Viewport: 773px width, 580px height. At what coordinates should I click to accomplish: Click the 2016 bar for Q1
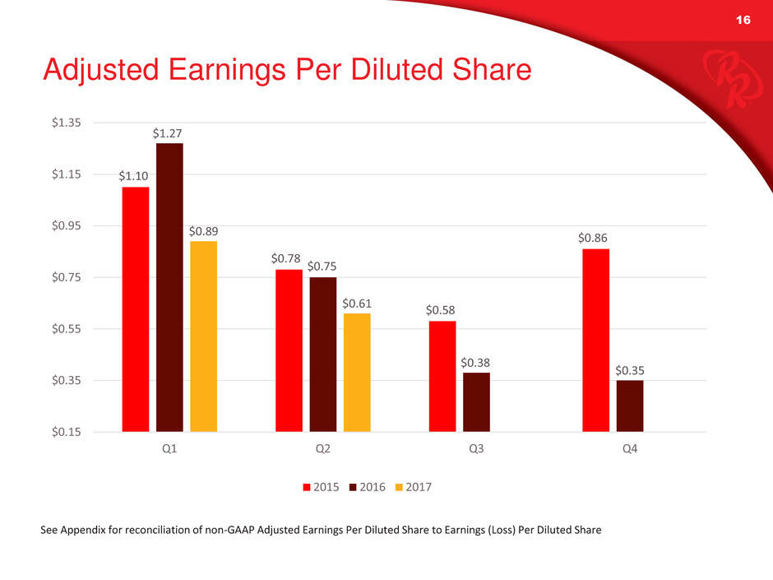pyautogui.click(x=169, y=288)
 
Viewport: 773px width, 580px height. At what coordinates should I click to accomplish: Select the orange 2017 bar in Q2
pyautogui.click(x=357, y=373)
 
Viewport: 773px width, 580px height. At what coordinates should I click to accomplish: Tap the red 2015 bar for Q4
pyautogui.click(x=595, y=341)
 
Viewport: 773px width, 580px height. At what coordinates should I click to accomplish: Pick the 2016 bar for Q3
pyautogui.click(x=476, y=402)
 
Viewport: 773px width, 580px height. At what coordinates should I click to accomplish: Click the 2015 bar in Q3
pyautogui.click(x=442, y=376)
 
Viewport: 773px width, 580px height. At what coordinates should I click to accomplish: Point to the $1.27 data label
pyautogui.click(x=167, y=133)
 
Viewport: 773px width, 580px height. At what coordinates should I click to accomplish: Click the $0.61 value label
pyautogui.click(x=357, y=304)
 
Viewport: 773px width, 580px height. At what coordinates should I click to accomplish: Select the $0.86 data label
pyautogui.click(x=593, y=239)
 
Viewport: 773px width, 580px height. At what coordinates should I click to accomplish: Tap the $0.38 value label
pyautogui.click(x=475, y=363)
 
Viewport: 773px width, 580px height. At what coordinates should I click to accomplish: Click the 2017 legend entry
pyautogui.click(x=414, y=487)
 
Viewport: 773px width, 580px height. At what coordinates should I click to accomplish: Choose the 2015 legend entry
pyautogui.click(x=321, y=487)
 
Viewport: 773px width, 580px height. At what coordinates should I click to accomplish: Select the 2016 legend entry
pyautogui.click(x=368, y=487)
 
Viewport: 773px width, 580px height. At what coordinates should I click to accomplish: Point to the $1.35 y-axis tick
pyautogui.click(x=66, y=123)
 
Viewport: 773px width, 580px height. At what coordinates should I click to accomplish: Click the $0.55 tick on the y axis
pyautogui.click(x=66, y=329)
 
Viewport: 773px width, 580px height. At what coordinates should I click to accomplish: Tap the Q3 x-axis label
pyautogui.click(x=476, y=448)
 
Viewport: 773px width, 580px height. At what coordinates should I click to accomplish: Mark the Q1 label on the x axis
pyautogui.click(x=169, y=448)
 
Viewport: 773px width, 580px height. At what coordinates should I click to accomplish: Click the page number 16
pyautogui.click(x=743, y=20)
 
